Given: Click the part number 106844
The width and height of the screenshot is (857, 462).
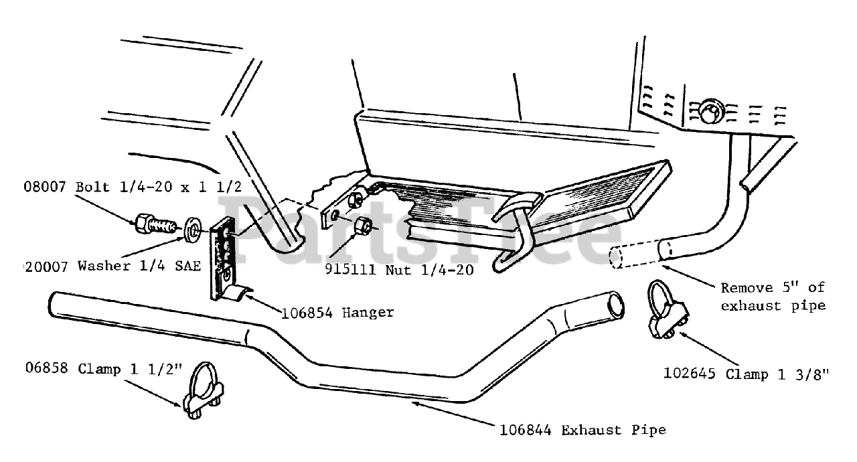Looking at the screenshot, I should [x=525, y=430].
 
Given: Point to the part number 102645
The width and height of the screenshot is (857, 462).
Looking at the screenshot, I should [x=692, y=374].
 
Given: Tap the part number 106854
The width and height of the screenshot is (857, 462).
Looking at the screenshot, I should [x=308, y=312].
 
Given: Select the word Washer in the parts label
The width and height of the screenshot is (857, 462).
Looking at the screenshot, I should [x=104, y=266].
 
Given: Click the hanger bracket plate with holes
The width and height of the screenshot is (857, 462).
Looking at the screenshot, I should [x=223, y=258].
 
